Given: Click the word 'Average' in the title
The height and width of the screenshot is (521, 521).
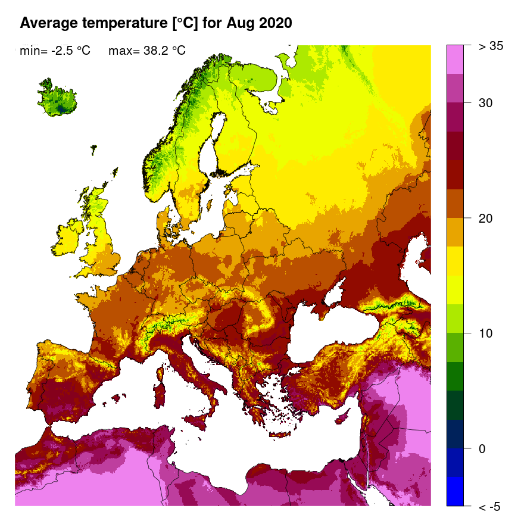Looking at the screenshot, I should pyautogui.click(x=49, y=23).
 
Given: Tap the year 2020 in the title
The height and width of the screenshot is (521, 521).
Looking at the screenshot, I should pyautogui.click(x=274, y=23).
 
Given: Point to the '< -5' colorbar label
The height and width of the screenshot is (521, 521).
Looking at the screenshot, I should pyautogui.click(x=489, y=507).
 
